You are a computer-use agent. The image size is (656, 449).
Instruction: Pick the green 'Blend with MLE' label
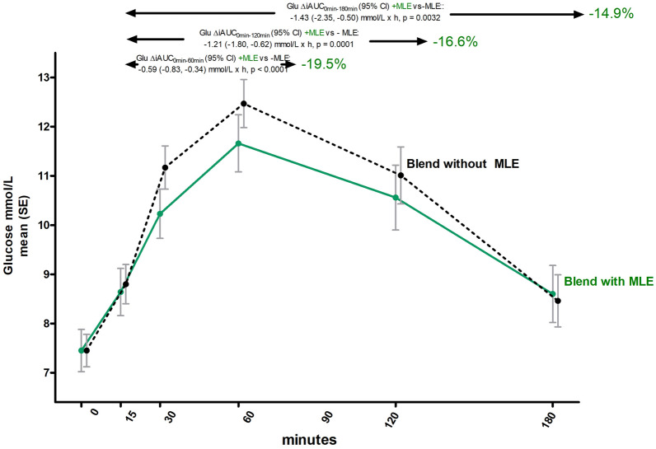tap(609, 282)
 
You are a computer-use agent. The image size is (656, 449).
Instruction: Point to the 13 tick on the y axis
tap(41, 77)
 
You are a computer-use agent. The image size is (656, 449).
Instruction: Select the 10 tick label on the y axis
tap(41, 225)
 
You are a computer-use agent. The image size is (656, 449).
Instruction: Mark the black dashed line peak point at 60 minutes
tap(243, 104)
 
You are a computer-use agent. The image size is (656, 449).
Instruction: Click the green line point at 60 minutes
tap(238, 143)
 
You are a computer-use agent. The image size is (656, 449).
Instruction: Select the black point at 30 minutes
tap(165, 168)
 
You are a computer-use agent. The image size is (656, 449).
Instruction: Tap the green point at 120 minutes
tap(396, 198)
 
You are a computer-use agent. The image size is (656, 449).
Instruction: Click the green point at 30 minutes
tap(160, 213)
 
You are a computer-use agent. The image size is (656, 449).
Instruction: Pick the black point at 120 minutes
tap(401, 175)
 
